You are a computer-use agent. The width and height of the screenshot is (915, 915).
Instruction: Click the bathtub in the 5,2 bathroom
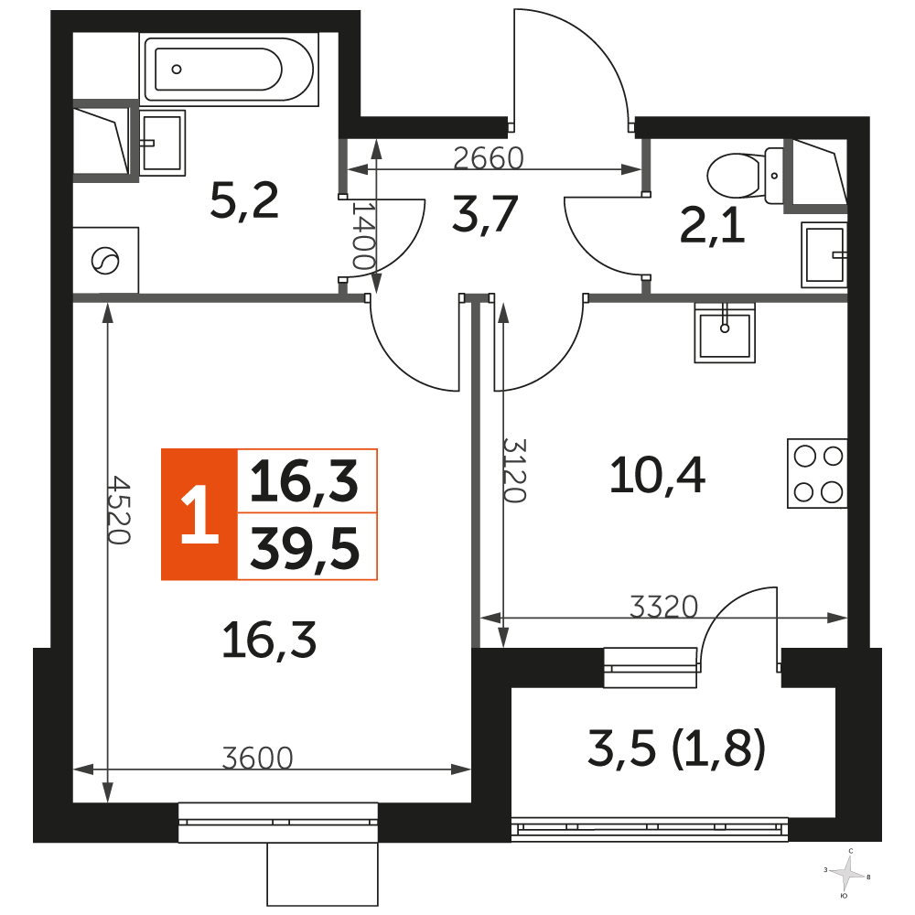(229, 70)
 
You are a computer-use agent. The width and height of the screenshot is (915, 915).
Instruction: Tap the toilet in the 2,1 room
(745, 175)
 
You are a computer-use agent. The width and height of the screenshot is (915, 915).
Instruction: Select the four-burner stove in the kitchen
(817, 473)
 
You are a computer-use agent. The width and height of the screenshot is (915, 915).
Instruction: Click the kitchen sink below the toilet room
(724, 333)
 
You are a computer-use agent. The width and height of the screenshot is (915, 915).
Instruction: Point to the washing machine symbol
(105, 260)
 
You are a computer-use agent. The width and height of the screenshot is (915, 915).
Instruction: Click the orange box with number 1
(199, 514)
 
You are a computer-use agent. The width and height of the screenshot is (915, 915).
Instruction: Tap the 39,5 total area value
(305, 549)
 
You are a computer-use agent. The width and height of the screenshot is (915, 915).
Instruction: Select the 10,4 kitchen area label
(657, 476)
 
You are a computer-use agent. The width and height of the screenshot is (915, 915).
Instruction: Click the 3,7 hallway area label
(485, 215)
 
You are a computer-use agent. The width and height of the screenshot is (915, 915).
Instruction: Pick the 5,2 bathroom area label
(244, 200)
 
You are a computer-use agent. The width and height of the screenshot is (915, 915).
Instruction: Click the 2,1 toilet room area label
(712, 226)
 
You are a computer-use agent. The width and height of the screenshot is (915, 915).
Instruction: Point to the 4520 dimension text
(118, 510)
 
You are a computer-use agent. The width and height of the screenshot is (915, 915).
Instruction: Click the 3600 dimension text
(257, 758)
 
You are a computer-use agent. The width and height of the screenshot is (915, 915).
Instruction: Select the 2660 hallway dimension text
(489, 158)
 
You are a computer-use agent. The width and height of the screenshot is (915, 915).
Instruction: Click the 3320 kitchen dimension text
(664, 607)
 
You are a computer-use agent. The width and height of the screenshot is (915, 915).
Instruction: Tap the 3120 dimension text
(514, 470)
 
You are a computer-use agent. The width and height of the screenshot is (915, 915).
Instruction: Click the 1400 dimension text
(363, 236)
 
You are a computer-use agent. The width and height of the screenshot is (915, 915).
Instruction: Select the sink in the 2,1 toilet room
(824, 255)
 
